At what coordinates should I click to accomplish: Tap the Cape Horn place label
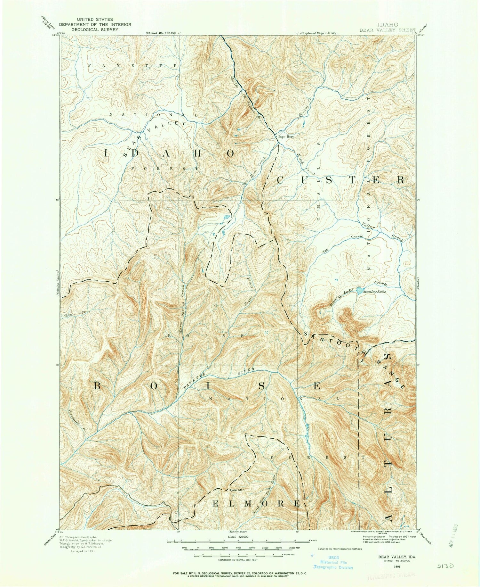click(286, 137)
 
